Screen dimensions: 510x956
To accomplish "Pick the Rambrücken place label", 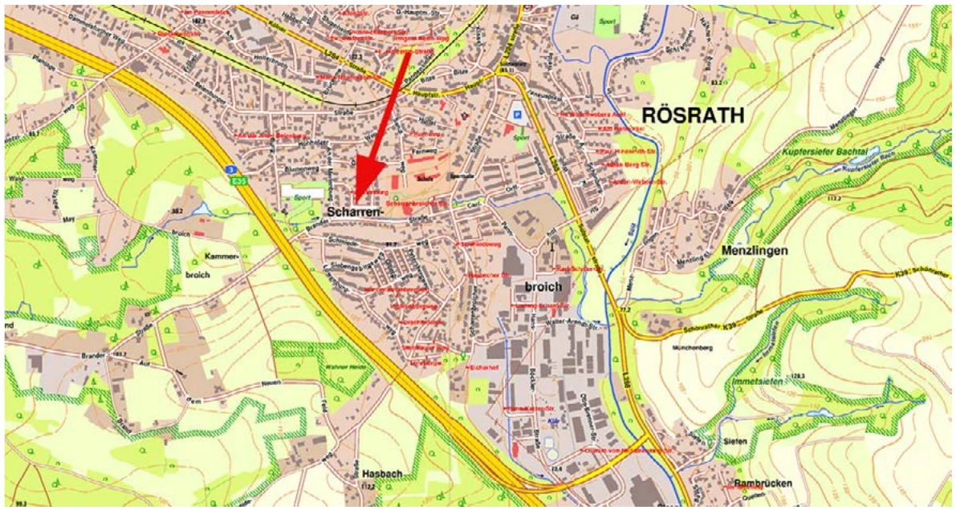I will coord(763,484).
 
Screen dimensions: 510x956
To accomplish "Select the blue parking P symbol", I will coord(518,116).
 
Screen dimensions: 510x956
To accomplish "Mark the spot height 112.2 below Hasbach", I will coord(368,486).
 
